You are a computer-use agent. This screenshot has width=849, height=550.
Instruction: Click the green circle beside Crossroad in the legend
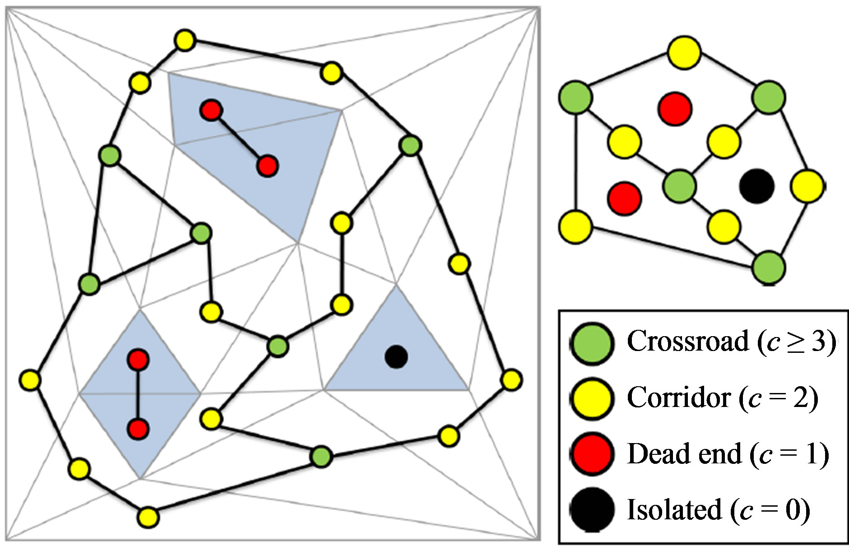click(x=592, y=342)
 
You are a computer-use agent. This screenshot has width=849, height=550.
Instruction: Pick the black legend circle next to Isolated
click(x=592, y=509)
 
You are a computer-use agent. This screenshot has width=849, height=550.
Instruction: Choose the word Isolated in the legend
click(x=674, y=509)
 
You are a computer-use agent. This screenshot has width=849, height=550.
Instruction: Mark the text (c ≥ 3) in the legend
click(x=795, y=342)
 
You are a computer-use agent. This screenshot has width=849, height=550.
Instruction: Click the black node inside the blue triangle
click(x=396, y=357)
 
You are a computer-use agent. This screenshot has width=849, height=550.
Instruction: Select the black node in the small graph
click(x=757, y=186)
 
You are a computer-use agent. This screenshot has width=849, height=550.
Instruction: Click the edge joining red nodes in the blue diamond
click(x=138, y=394)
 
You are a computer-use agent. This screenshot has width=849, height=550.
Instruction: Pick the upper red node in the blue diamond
click(x=138, y=360)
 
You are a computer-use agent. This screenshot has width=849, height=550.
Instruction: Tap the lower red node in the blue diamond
click(x=138, y=429)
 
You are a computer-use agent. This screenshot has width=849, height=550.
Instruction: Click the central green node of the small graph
click(x=680, y=186)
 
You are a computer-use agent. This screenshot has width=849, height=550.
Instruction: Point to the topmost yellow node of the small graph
click(x=684, y=52)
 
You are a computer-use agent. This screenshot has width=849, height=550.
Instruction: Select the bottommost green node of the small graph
click(x=769, y=268)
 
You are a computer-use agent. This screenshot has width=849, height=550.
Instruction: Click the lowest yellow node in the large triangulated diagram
click(x=148, y=517)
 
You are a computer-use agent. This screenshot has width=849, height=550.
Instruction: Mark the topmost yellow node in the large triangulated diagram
click(x=184, y=41)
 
